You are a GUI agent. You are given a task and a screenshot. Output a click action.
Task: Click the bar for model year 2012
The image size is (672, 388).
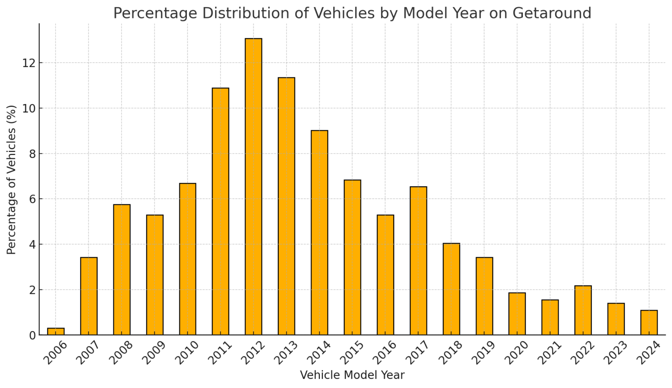pos(253,187)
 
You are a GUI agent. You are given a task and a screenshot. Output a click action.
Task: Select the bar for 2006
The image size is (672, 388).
pos(56,332)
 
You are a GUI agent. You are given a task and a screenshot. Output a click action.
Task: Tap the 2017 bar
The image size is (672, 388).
pos(418,261)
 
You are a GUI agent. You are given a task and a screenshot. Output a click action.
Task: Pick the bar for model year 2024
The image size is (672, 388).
pos(649,322)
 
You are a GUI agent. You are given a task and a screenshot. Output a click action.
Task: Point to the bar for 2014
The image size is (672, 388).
pos(319,233)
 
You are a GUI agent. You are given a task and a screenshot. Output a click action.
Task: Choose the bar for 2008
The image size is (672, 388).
pos(122,269)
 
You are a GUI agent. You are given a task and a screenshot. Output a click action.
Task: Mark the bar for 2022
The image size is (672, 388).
pos(583,310)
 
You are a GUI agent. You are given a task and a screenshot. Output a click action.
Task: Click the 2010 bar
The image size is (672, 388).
pos(188,259)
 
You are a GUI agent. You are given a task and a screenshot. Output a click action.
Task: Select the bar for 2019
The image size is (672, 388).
pos(484,296)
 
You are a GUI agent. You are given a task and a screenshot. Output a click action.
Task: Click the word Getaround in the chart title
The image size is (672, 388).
pos(552,13)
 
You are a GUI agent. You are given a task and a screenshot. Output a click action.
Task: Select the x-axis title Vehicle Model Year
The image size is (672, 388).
pos(352,375)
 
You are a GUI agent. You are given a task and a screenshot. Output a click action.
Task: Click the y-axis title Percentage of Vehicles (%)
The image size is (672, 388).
pos(12,179)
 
